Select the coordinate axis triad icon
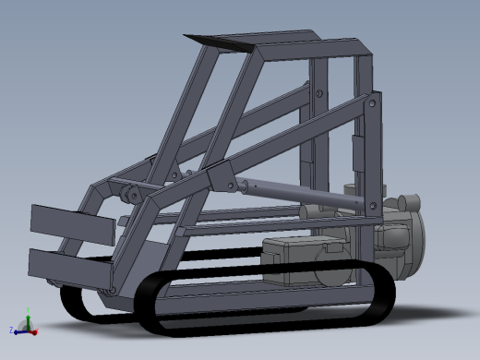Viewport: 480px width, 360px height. pos(25,326)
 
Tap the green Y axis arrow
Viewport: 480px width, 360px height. pos(29,319)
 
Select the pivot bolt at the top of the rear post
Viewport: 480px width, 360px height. pos(371,106)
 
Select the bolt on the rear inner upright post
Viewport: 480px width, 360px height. pos(319,92)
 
